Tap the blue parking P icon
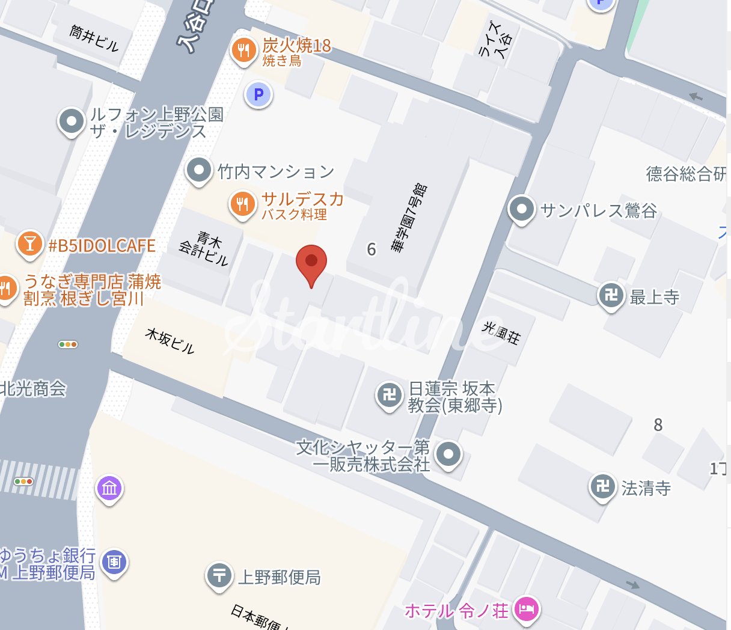coord(258,94)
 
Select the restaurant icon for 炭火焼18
coord(243,50)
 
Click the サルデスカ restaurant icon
coord(242,204)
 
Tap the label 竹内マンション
coord(276,172)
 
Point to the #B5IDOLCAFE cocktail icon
coord(29,244)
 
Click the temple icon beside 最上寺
coord(611,295)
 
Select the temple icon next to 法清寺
coord(603,486)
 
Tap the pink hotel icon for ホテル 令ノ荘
coord(527,610)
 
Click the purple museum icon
coord(109,488)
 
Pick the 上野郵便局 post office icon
coord(219,575)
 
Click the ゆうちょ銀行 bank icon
coord(114,562)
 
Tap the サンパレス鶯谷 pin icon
coord(521,210)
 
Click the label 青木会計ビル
coord(204,248)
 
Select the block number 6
coord(372,249)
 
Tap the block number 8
coord(658,425)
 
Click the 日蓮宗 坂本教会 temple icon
coord(390,395)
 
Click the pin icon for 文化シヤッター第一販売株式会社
coord(448,454)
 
